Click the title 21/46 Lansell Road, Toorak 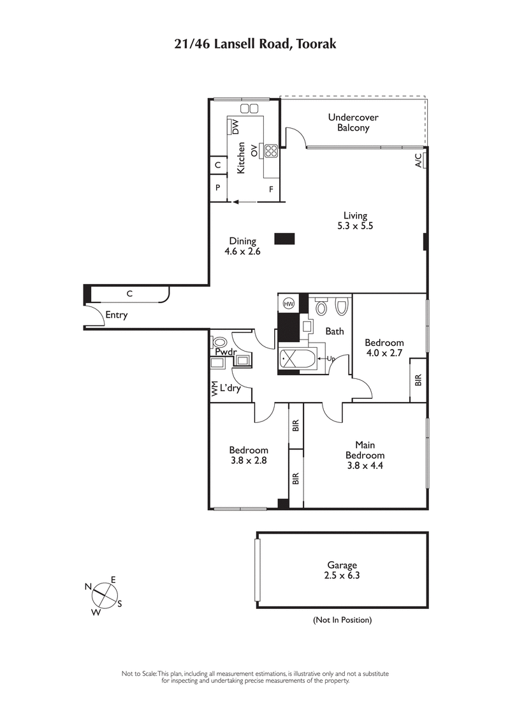[255, 44]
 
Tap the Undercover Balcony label [353, 122]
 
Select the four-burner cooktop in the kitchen [270, 151]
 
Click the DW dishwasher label [235, 127]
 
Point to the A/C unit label [419, 161]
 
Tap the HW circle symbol [288, 304]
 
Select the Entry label [116, 315]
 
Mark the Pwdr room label [225, 352]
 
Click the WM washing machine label [215, 389]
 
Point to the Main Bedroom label [365, 450]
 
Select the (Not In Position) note [342, 620]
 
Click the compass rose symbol [101, 598]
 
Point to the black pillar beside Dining [284, 239]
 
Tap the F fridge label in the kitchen [271, 189]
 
